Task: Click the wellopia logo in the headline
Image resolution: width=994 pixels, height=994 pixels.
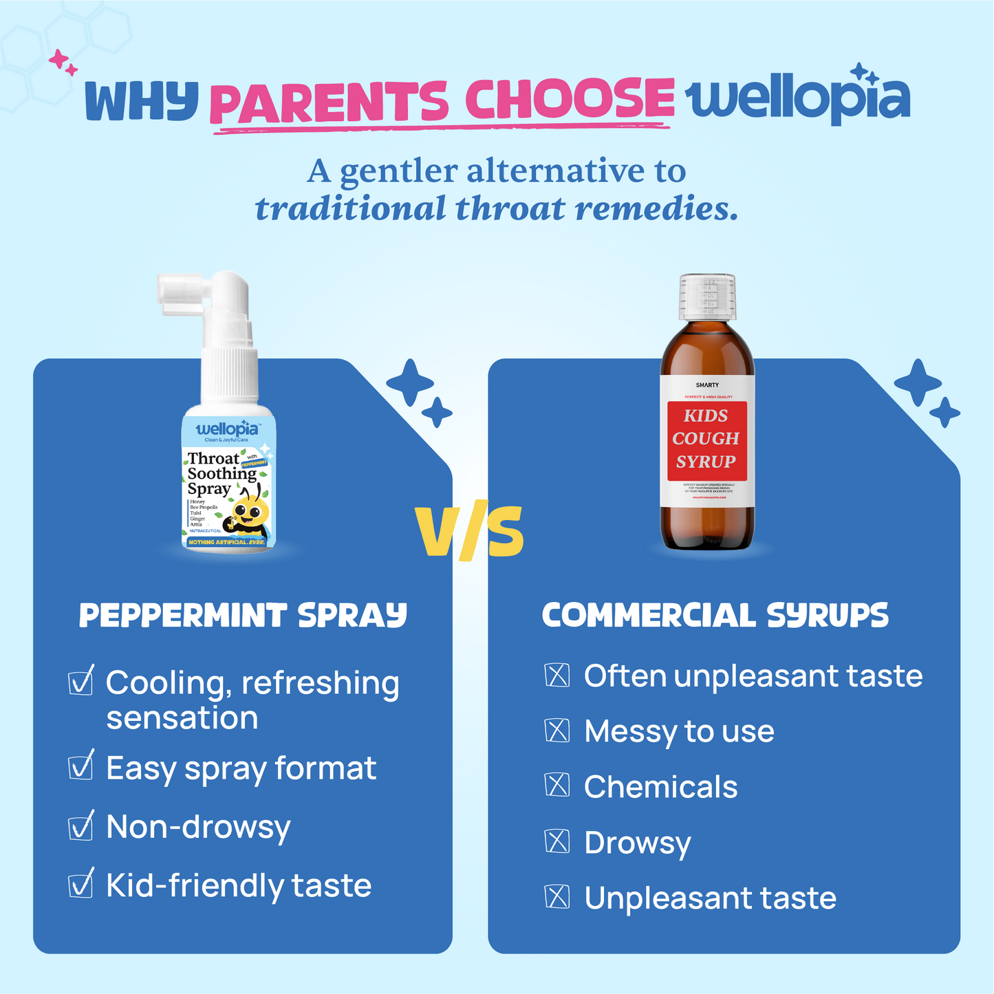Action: click(798, 99)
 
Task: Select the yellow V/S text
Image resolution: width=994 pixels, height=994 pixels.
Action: click(471, 532)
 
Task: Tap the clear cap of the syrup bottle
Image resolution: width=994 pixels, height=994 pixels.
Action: click(707, 296)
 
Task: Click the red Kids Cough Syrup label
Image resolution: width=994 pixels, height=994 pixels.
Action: click(706, 440)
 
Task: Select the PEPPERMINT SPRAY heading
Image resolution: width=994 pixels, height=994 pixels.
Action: click(243, 616)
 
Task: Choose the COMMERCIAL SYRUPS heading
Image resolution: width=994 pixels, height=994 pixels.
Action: click(715, 616)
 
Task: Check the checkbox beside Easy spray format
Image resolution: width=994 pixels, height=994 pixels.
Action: click(81, 766)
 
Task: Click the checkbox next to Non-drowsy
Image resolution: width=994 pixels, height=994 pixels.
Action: click(81, 825)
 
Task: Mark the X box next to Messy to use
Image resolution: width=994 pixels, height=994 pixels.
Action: click(557, 731)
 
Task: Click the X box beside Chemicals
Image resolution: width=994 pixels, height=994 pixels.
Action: click(557, 786)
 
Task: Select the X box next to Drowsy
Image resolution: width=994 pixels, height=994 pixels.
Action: click(557, 841)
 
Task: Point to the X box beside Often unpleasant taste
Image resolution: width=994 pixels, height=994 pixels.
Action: click(557, 676)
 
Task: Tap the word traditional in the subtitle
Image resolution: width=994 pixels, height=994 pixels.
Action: click(350, 208)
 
